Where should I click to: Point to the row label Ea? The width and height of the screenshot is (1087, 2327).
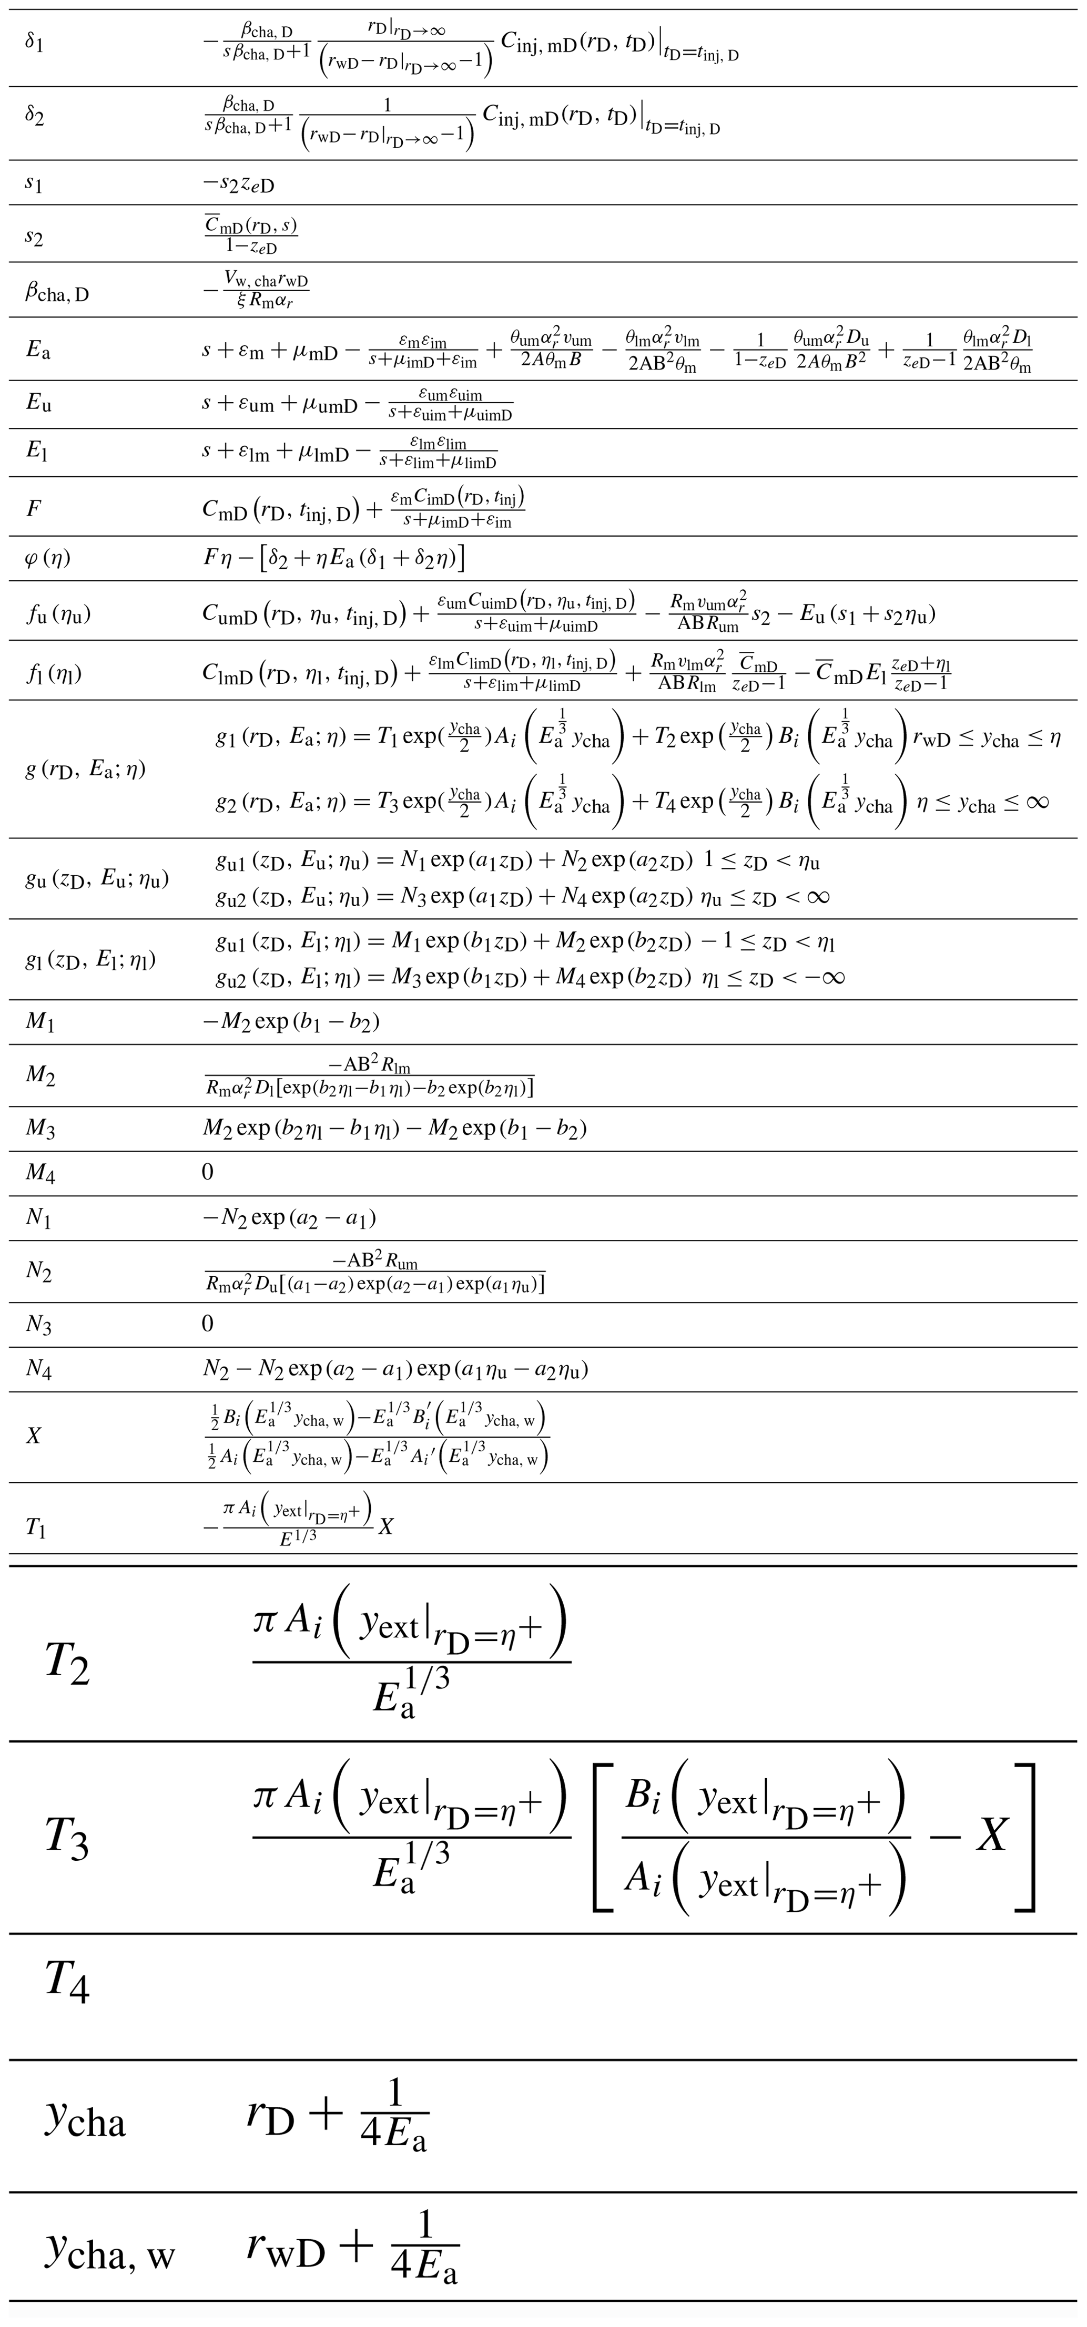tap(38, 350)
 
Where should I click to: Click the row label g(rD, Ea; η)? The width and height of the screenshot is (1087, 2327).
tap(86, 770)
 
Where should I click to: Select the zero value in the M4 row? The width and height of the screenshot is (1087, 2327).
tap(208, 1173)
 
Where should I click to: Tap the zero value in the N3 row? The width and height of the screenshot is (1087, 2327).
tap(208, 1324)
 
